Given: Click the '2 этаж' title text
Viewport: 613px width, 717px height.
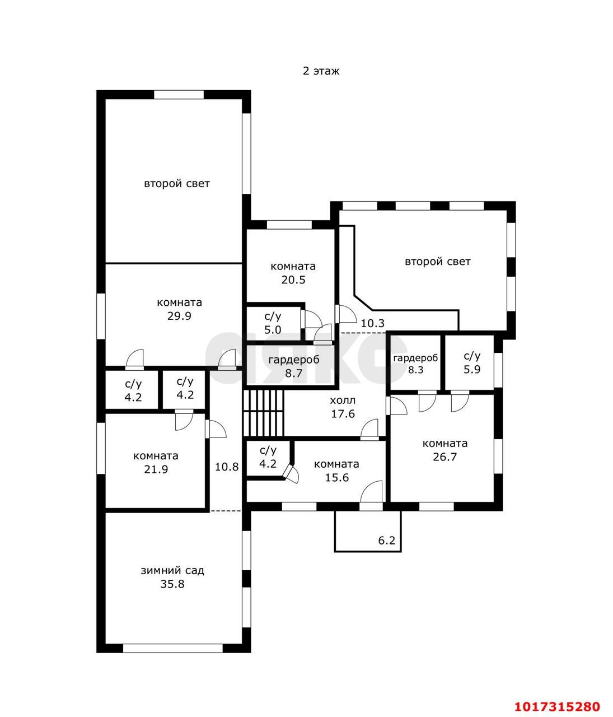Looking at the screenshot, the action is coord(321,71).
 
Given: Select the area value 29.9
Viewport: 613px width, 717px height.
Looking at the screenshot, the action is coord(179,316).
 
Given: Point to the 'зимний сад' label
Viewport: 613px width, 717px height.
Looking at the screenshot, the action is coord(172,570).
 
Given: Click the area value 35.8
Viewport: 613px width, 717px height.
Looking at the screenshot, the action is coord(172,584).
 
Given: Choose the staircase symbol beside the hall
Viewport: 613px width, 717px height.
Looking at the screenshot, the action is coord(264,413).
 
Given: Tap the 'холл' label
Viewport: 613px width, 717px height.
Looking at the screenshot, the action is coord(343,401).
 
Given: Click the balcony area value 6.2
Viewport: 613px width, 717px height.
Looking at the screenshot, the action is coord(387,541).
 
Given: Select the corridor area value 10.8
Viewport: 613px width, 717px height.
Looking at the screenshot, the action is coord(227,467).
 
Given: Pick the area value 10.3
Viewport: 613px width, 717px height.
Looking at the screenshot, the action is coord(373,323).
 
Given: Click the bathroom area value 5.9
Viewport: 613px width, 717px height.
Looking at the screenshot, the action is coord(472,370).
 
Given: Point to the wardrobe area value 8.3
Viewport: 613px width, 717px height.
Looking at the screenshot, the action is coord(416,370).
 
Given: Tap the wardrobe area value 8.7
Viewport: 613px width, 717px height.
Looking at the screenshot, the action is coord(294,373).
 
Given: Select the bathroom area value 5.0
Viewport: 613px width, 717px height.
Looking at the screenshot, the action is coord(273,329).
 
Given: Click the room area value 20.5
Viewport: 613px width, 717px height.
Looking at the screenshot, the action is coord(293,280).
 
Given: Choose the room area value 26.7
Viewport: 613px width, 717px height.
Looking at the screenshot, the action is coord(445,457).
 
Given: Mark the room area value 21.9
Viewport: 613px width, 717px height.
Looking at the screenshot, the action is coord(156,469).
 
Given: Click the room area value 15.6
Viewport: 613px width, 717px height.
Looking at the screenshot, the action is coord(336,478).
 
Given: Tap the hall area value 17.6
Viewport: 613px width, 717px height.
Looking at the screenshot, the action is coord(343,414).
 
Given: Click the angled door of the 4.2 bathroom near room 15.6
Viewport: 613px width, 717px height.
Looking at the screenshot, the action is coord(291,473).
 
